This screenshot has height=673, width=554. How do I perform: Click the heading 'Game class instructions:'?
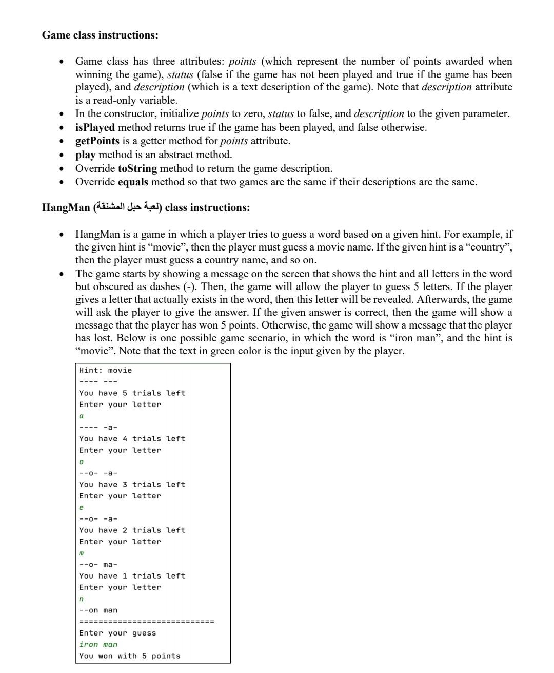(100, 35)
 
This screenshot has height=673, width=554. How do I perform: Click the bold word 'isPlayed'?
(95, 127)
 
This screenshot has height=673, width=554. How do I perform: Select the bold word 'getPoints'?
(97, 141)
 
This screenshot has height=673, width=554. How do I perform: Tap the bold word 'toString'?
(137, 168)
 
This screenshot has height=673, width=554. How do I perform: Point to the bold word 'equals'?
(133, 182)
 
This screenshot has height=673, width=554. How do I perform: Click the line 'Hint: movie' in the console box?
(105, 370)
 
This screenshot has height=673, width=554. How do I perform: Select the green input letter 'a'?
(81, 416)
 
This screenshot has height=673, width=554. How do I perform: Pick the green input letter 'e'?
(81, 507)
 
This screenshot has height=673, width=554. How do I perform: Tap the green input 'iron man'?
(98, 644)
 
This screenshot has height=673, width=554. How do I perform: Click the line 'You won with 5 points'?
(129, 656)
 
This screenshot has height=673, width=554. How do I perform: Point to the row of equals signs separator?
(146, 622)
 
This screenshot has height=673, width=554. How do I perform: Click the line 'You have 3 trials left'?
(132, 484)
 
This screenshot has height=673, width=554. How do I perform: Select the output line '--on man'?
(98, 610)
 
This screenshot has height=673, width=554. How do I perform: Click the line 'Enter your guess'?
(117, 633)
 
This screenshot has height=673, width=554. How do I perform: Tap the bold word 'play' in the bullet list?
(85, 155)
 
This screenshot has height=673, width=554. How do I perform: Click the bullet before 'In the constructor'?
(62, 114)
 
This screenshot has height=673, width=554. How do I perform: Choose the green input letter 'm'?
(81, 553)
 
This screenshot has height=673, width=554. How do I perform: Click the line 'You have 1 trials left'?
(132, 576)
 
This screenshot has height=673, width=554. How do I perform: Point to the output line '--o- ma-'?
(98, 565)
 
